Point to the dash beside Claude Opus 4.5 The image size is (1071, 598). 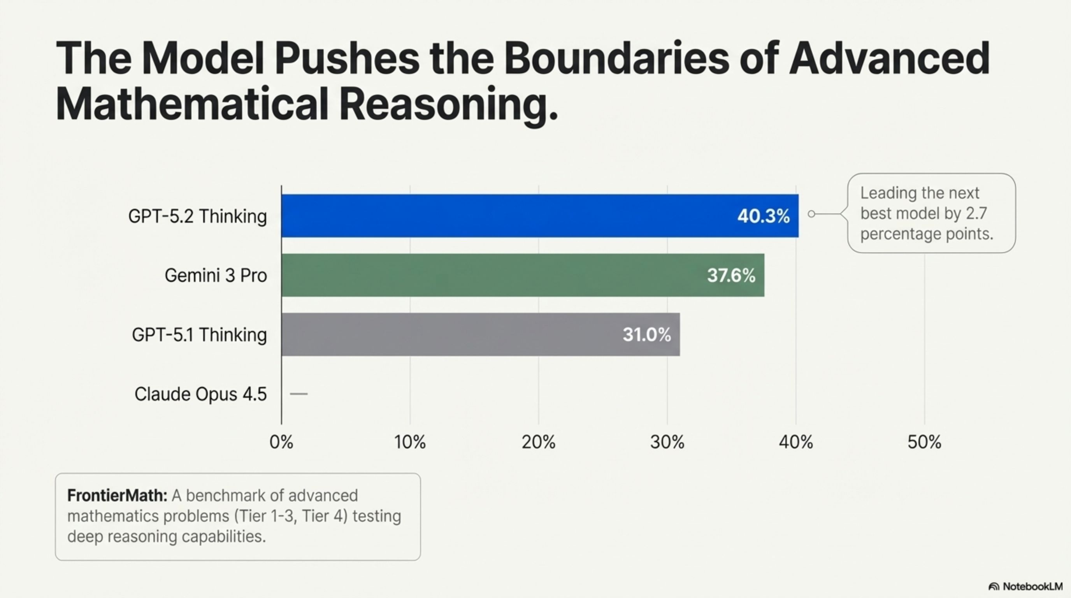(x=298, y=394)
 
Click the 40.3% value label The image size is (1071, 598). (x=763, y=216)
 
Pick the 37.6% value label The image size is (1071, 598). (x=731, y=276)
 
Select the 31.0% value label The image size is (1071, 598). (x=646, y=335)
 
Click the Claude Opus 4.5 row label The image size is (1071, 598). (x=200, y=394)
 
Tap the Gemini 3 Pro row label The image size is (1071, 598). (x=215, y=276)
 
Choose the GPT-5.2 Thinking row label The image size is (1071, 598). (x=197, y=216)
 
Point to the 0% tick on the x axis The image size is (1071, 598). (x=281, y=442)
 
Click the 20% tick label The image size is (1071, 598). (x=538, y=442)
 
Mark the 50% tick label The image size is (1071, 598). (x=924, y=442)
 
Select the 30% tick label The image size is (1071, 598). (x=667, y=442)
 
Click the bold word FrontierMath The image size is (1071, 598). (x=117, y=496)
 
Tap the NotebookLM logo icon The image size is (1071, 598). (x=993, y=587)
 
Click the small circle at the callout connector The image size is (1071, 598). (x=811, y=214)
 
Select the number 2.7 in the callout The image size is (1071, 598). (x=976, y=214)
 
